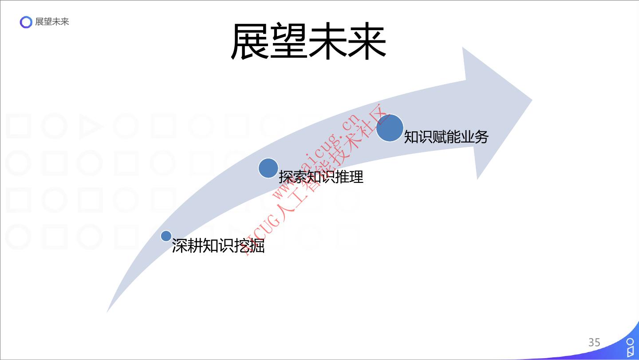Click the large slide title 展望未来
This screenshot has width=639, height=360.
[308, 42]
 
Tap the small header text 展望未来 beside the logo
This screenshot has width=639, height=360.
[52, 22]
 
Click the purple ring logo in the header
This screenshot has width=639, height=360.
[26, 22]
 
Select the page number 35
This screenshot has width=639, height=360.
[594, 342]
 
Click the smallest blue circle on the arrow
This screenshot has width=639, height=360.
[166, 236]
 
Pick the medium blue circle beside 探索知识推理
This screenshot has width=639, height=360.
[268, 168]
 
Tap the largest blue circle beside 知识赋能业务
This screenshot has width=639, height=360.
[390, 128]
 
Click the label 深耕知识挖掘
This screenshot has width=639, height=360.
[218, 246]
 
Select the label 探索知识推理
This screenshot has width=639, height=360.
[321, 177]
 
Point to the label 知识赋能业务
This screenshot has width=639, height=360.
[446, 137]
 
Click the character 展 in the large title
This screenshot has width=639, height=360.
[250, 42]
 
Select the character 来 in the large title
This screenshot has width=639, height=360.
[367, 42]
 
